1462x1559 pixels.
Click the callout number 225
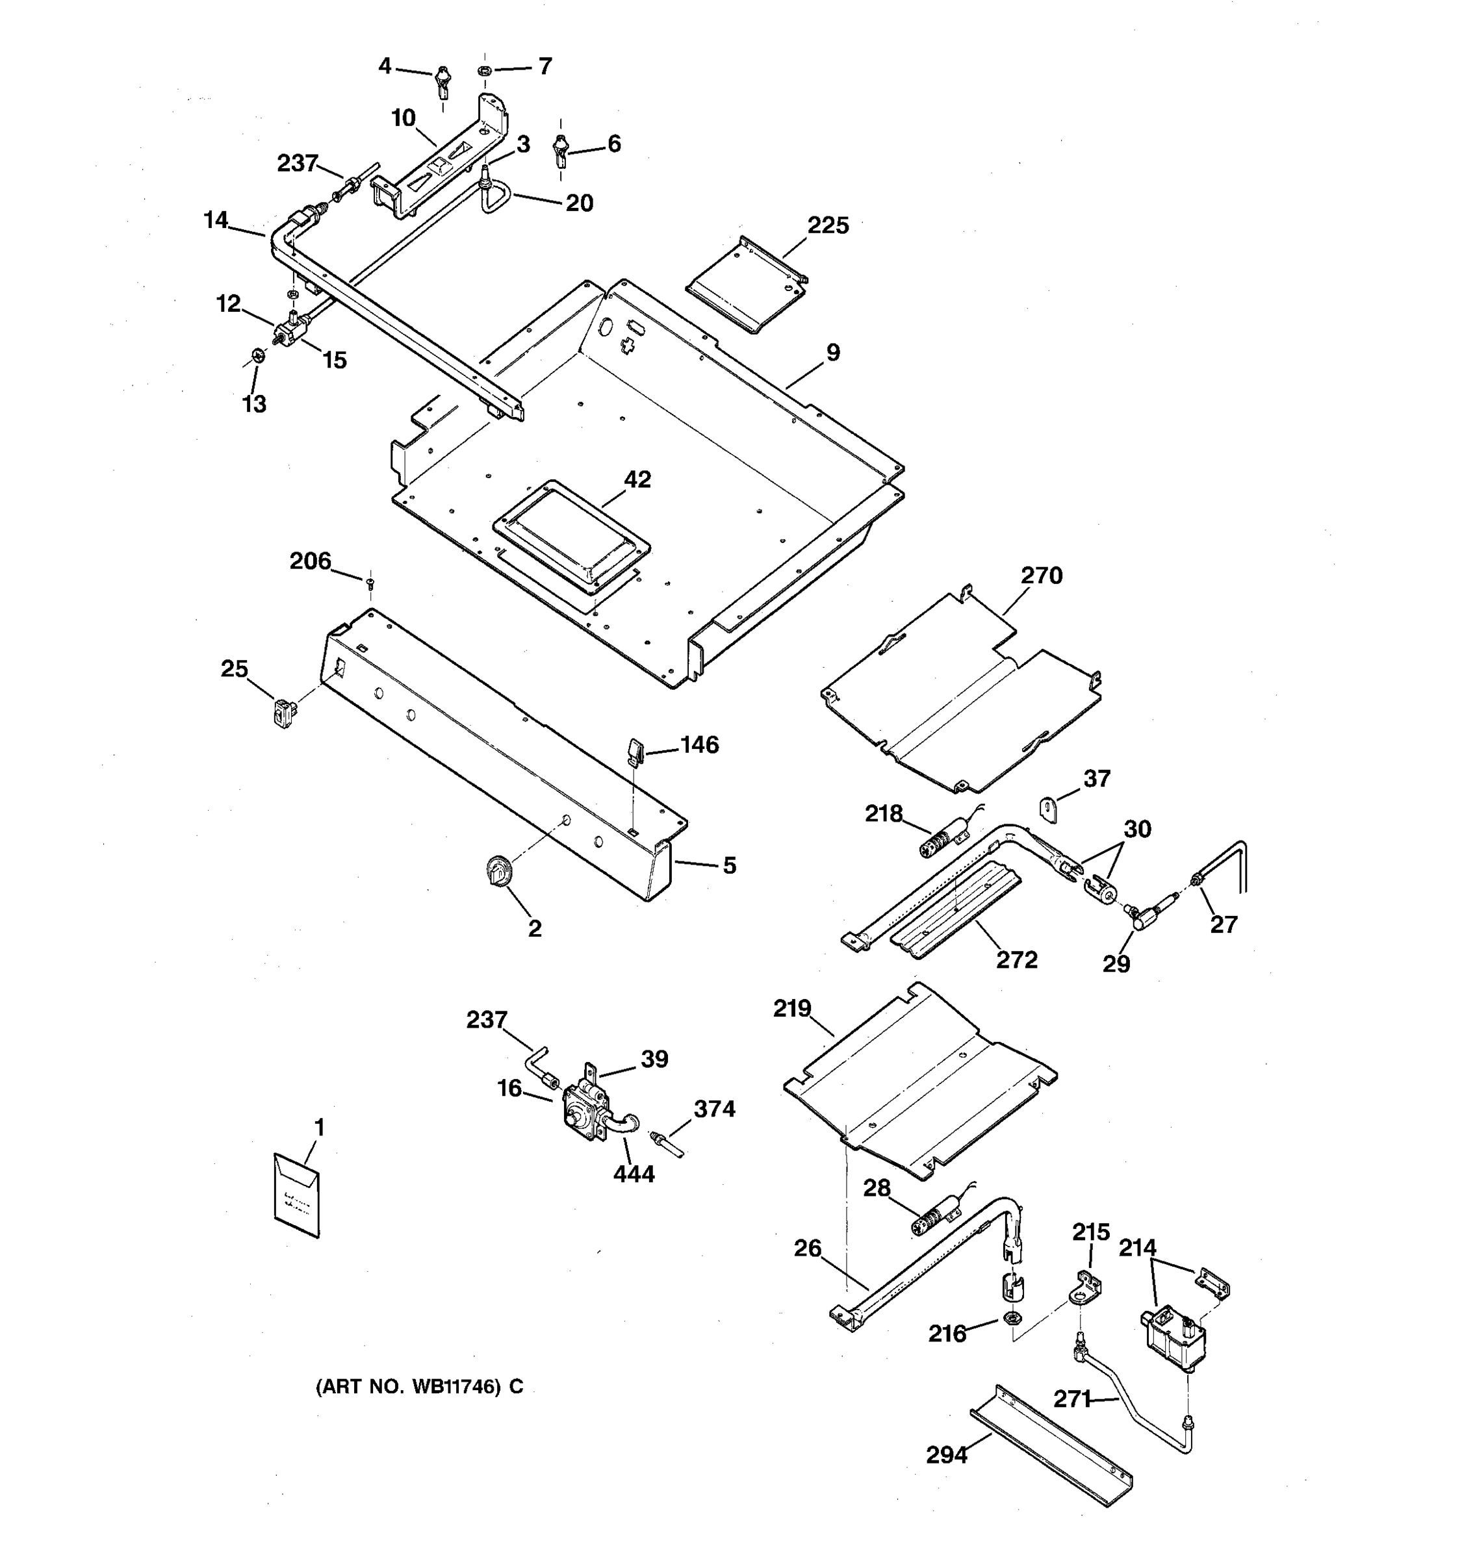pyautogui.click(x=828, y=226)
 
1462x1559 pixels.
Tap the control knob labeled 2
pyautogui.click(x=497, y=870)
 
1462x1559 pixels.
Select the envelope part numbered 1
pyautogui.click(x=296, y=1195)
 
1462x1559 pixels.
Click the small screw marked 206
pyautogui.click(x=370, y=582)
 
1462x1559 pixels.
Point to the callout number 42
pyautogui.click(x=637, y=479)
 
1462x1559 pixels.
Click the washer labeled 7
pyautogui.click(x=485, y=72)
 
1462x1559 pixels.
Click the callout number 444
pyautogui.click(x=634, y=1174)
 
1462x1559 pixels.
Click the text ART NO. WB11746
pyautogui.click(x=408, y=1386)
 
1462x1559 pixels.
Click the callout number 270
pyautogui.click(x=1041, y=576)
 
